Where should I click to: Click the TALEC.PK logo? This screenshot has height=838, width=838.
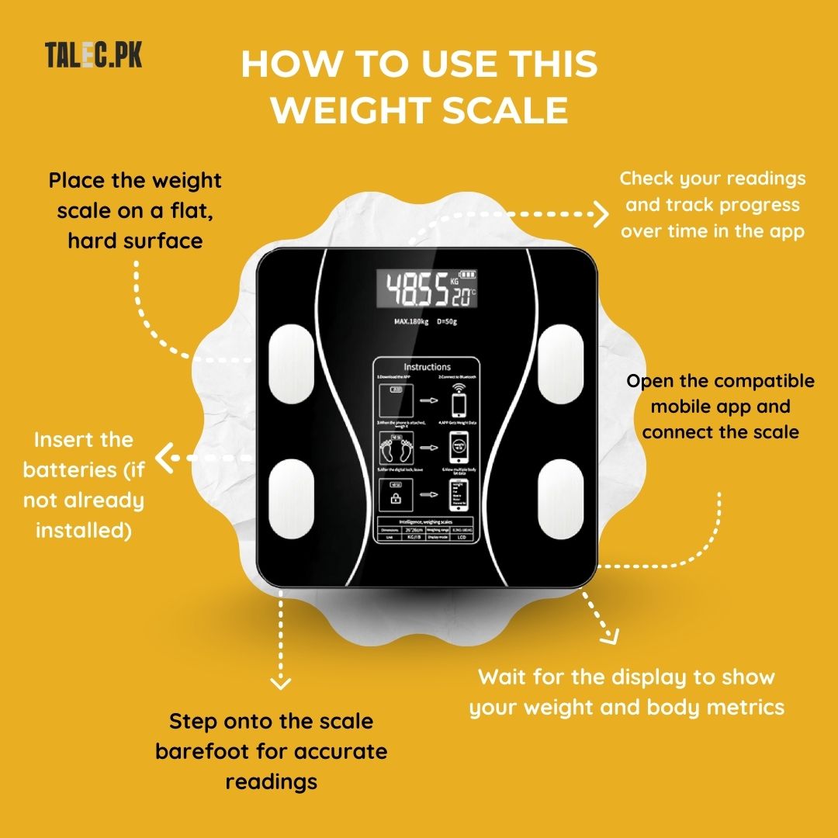click(x=93, y=56)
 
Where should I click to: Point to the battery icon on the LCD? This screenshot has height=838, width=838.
click(x=469, y=275)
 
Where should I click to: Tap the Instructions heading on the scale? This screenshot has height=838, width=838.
click(x=427, y=366)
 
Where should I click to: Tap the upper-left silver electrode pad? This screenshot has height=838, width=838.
click(x=289, y=361)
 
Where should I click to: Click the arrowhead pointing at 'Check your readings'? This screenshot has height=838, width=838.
click(x=601, y=213)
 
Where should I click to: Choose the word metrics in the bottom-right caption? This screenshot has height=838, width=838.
click(x=743, y=707)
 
